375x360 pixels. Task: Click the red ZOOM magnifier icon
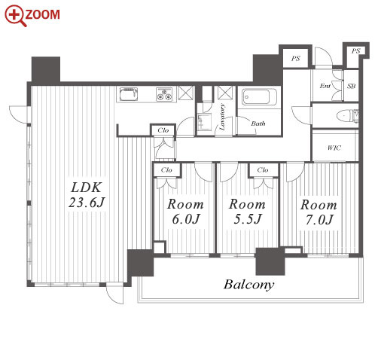coord(15,16)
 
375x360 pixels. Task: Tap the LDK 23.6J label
coord(87,195)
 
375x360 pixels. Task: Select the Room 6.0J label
coord(185,212)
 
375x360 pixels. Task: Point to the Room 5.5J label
coord(247,212)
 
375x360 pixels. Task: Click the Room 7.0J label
coord(319,212)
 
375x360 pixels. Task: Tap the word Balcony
coord(248,285)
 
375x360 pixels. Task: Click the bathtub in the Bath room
coord(259,97)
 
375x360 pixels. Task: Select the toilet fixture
coord(347,116)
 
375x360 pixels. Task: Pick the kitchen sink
coord(129,94)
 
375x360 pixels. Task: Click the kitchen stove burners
coord(164,94)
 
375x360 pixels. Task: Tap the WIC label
coord(334,148)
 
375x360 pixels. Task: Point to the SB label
coord(351,86)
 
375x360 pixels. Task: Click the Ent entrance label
coord(325,86)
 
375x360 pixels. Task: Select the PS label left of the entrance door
coord(296,59)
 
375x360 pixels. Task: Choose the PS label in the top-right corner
coord(355,51)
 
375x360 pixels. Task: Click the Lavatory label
coord(222,117)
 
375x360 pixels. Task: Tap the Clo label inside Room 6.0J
coord(166,170)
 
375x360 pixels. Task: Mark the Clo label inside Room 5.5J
coord(263,170)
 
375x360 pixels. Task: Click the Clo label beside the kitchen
coord(163,130)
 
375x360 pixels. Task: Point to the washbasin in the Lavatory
coord(204,122)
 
